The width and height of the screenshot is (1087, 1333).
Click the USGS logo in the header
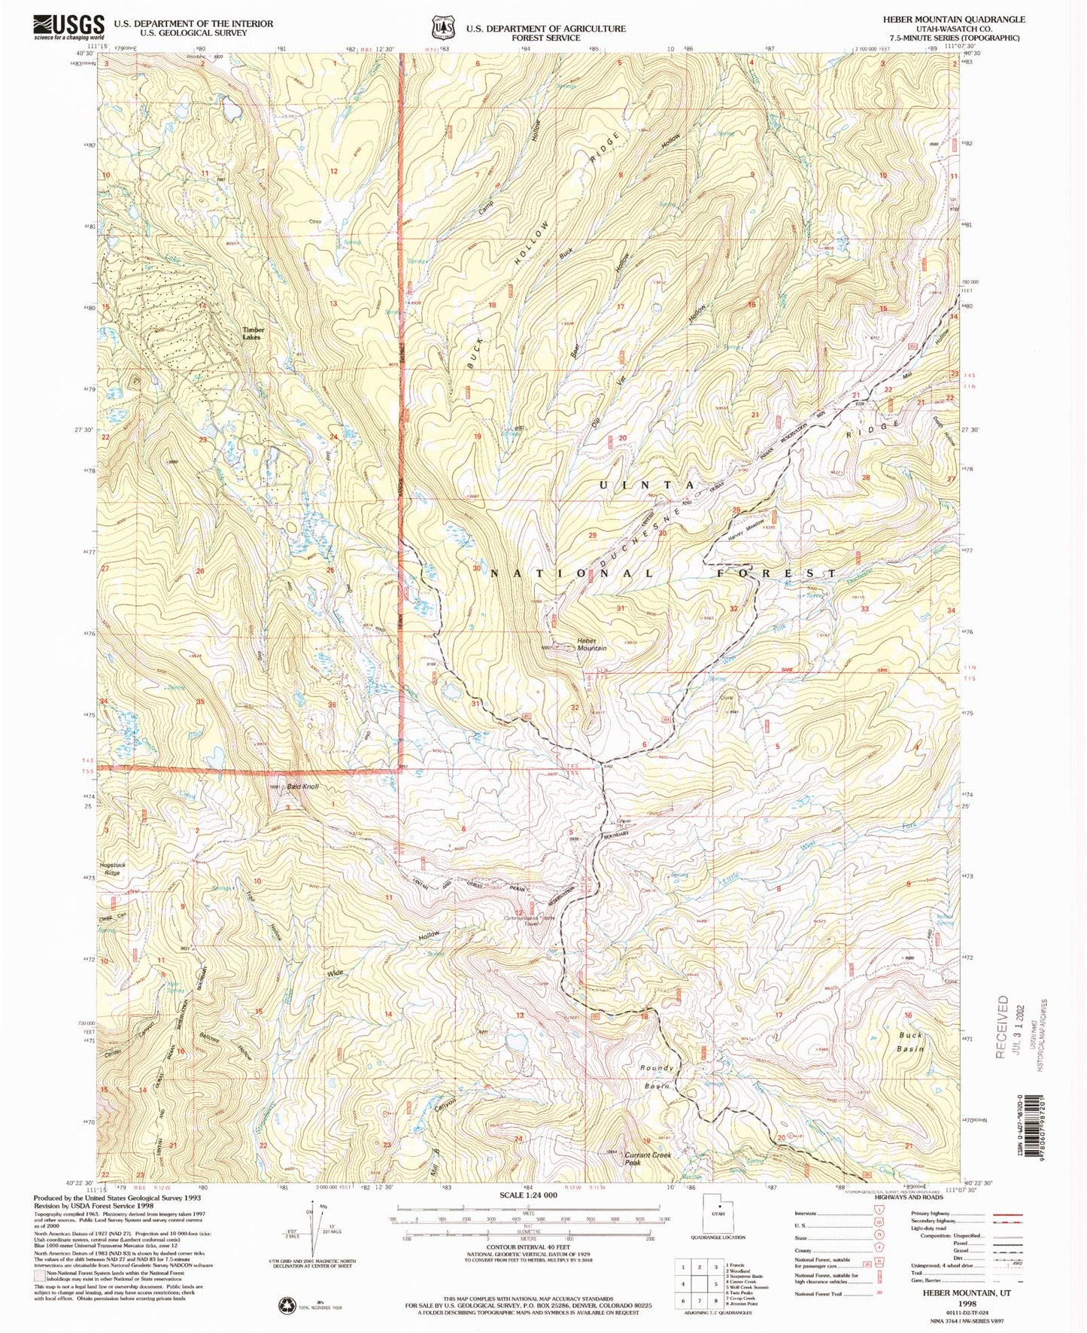click(68, 28)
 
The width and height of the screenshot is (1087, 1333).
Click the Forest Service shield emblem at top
click(442, 28)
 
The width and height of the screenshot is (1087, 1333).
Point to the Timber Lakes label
click(253, 333)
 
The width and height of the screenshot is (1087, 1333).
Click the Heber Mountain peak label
click(591, 644)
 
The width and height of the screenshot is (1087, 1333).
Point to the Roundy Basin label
click(657, 1077)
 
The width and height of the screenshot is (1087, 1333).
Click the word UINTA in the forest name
click(646, 485)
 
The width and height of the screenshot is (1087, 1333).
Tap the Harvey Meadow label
click(746, 525)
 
